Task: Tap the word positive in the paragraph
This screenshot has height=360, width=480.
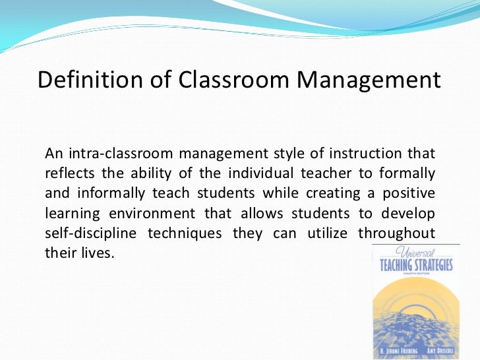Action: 409,195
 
